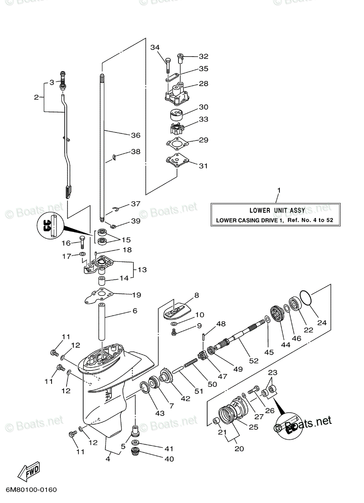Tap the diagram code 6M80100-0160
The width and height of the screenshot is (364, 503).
(31, 490)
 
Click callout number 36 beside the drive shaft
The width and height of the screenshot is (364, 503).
(135, 135)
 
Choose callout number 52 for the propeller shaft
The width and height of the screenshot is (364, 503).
(254, 360)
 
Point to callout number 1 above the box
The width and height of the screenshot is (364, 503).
(279, 191)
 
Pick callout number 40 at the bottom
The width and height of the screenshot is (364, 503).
(169, 459)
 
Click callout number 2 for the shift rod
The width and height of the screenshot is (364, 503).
(36, 97)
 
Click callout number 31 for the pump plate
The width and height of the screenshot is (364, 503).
(203, 166)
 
